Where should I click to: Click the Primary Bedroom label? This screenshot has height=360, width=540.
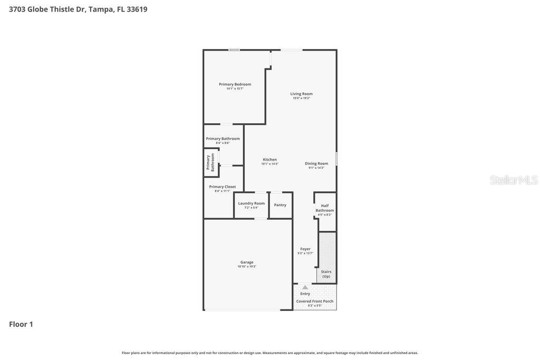(x=235, y=84)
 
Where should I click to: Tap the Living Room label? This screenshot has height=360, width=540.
(x=301, y=94)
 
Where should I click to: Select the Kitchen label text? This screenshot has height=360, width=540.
(x=269, y=160)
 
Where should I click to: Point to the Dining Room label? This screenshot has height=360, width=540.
(x=316, y=163)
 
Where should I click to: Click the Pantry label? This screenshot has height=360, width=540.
(x=280, y=205)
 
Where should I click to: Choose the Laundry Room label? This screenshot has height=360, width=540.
(x=252, y=203)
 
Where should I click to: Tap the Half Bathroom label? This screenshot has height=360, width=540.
(x=325, y=208)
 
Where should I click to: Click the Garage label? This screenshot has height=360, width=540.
(x=247, y=262)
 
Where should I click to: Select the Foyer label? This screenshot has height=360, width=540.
(x=305, y=249)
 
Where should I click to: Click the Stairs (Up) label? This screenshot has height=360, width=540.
(x=326, y=274)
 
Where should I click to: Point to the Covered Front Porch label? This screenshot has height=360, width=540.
(x=315, y=301)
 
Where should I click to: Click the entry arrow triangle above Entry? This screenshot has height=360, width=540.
(x=305, y=287)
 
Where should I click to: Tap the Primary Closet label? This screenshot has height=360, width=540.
(x=223, y=187)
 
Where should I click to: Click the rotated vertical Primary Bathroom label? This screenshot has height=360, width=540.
(x=210, y=162)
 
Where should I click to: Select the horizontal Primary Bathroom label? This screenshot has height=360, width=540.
(x=223, y=139)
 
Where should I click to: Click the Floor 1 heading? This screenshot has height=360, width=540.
(x=21, y=324)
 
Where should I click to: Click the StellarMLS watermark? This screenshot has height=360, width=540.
(x=513, y=180)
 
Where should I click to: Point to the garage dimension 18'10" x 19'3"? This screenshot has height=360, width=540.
(x=247, y=267)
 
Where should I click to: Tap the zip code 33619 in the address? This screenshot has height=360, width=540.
(x=137, y=9)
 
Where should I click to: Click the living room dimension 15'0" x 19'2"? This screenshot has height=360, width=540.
(x=301, y=98)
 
